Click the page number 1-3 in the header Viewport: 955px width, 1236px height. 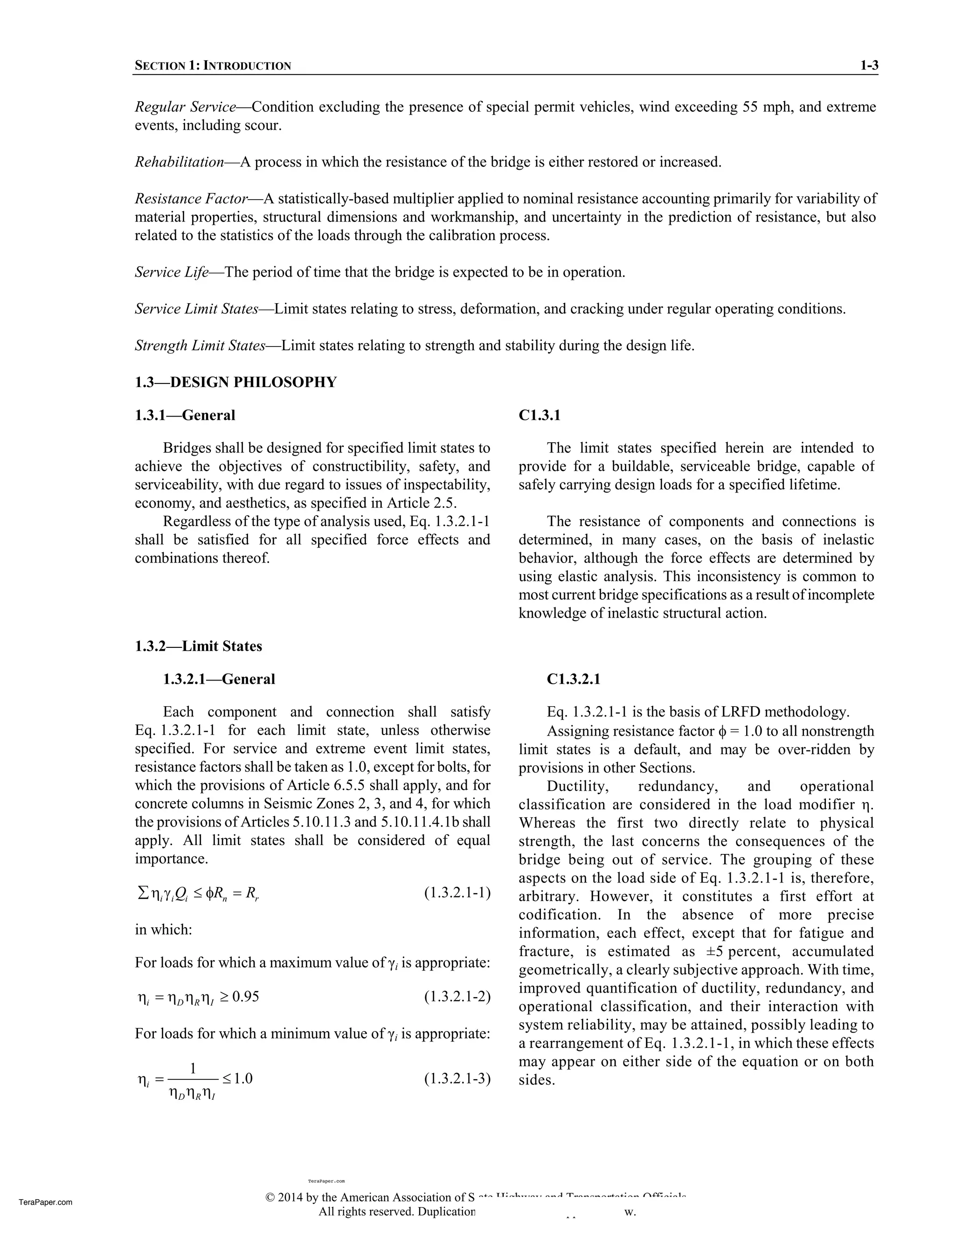pyautogui.click(x=868, y=66)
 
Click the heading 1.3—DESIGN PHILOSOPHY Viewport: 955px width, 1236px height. pyautogui.click(x=235, y=382)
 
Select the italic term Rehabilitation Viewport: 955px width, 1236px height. pyautogui.click(x=180, y=162)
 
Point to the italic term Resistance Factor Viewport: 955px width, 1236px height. pyautogui.click(x=191, y=199)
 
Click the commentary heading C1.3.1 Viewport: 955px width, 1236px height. pyautogui.click(x=539, y=416)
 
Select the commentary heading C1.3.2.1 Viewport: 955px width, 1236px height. pyautogui.click(x=573, y=679)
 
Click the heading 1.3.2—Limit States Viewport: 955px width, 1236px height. pyautogui.click(x=198, y=646)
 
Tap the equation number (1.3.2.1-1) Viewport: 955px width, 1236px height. pyautogui.click(x=457, y=893)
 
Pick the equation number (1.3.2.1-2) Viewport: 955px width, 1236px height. pyautogui.click(x=457, y=997)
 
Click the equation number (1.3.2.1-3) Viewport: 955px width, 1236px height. pyautogui.click(x=457, y=1079)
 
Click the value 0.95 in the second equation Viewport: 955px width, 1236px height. pyautogui.click(x=246, y=997)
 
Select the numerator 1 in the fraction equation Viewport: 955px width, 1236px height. pyautogui.click(x=193, y=1068)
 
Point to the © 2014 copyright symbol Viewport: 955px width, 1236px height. pyautogui.click(x=270, y=1197)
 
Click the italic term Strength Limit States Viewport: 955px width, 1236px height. pyautogui.click(x=200, y=346)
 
